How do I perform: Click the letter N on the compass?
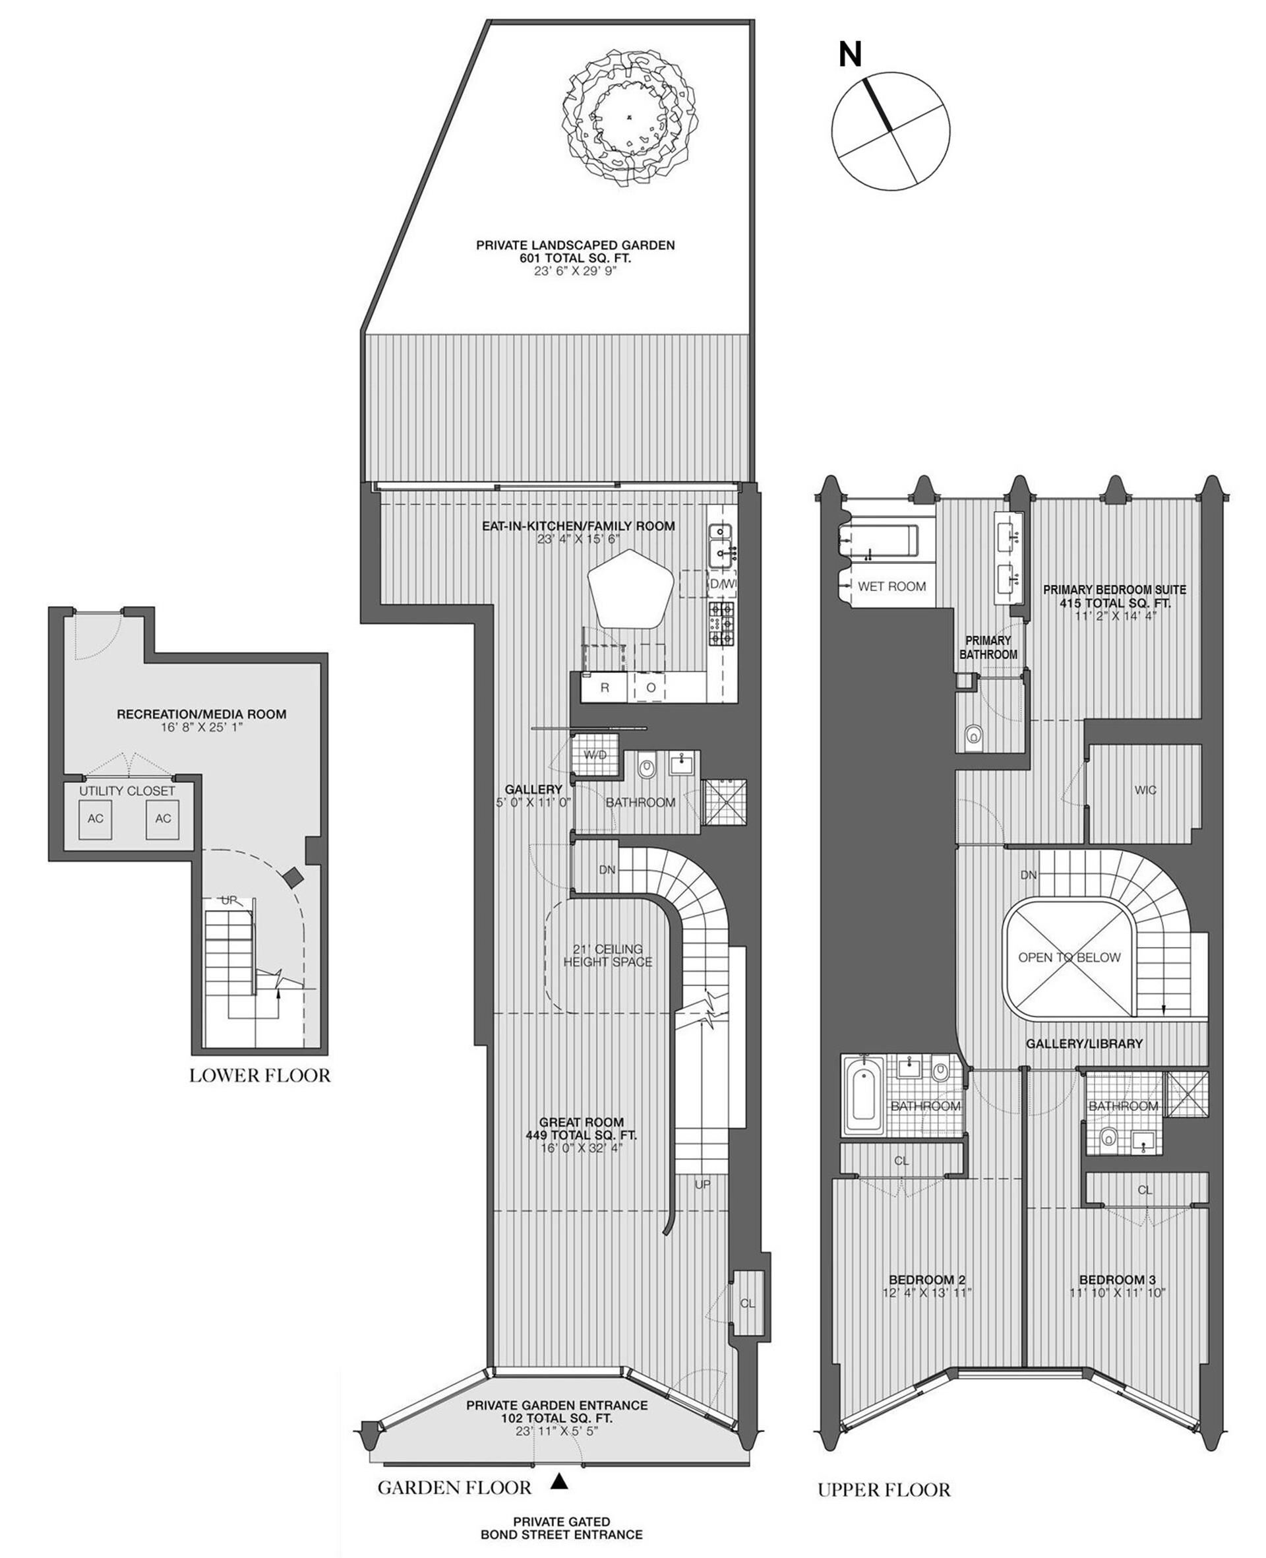pos(849,54)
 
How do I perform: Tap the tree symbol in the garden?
pos(630,117)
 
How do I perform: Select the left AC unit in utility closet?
pos(96,819)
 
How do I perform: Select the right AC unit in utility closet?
pos(163,819)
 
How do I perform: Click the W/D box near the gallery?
pos(595,756)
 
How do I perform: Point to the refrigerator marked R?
pos(605,688)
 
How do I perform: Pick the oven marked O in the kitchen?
pos(651,688)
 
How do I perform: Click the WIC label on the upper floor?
pos(1145,790)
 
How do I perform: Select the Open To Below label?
pos(1069,957)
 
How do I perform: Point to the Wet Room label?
pos(892,586)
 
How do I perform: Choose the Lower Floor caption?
pos(260,1075)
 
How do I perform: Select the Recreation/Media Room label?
pos(201,714)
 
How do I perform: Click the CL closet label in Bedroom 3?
pos(1145,1190)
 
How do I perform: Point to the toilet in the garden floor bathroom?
pos(646,767)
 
